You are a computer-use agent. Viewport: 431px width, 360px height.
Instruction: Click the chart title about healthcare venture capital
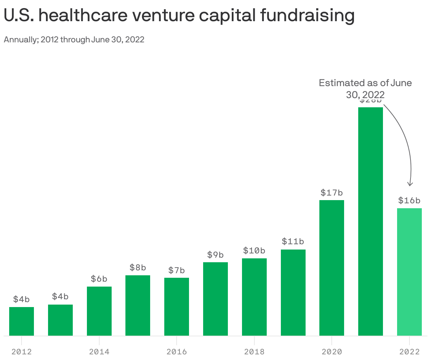(179, 16)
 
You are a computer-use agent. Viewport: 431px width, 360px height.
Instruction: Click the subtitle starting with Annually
(74, 40)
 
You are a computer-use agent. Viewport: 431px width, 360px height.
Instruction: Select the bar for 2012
(22, 321)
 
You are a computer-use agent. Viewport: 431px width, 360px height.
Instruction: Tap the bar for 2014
(99, 311)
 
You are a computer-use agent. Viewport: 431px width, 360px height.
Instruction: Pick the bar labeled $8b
(138, 305)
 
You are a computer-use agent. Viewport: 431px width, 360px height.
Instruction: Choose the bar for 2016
(177, 307)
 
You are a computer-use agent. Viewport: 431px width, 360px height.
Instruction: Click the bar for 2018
(254, 297)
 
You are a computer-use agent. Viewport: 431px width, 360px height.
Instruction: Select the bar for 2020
(332, 268)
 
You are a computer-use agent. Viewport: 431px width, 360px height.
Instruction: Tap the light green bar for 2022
(409, 272)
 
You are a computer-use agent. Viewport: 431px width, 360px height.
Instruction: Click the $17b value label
(332, 193)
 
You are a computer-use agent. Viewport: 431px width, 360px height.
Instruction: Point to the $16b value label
(409, 200)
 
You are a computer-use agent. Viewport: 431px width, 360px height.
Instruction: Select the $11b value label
(293, 241)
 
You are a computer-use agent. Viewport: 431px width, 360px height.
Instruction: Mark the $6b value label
(99, 279)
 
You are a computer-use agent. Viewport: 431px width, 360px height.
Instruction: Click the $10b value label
(254, 251)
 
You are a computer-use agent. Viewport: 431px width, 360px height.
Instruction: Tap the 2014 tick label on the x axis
(99, 352)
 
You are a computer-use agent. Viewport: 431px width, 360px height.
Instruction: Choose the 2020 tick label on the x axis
(332, 352)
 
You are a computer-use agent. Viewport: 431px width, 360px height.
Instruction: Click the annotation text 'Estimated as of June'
(365, 83)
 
